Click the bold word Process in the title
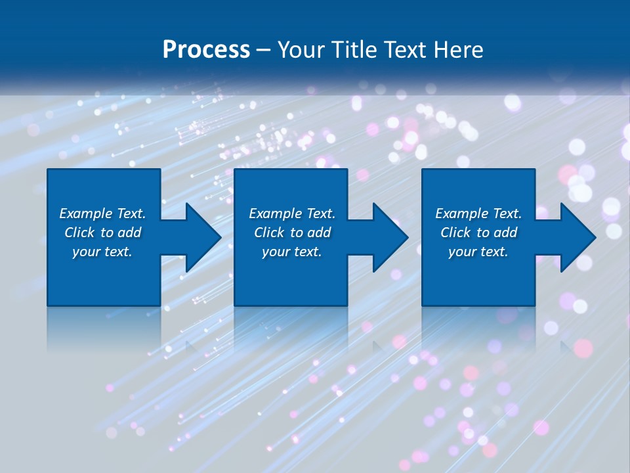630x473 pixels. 206,50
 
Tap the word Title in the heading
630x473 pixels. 354,50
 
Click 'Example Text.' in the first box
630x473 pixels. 102,214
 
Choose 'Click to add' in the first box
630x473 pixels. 102,233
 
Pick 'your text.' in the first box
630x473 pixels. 102,252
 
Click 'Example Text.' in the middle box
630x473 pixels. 292,214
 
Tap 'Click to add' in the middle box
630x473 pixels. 292,233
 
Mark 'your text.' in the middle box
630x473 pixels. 292,252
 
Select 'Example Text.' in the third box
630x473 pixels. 478,214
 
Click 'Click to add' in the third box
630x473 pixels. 478,233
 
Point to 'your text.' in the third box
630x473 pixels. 478,252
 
